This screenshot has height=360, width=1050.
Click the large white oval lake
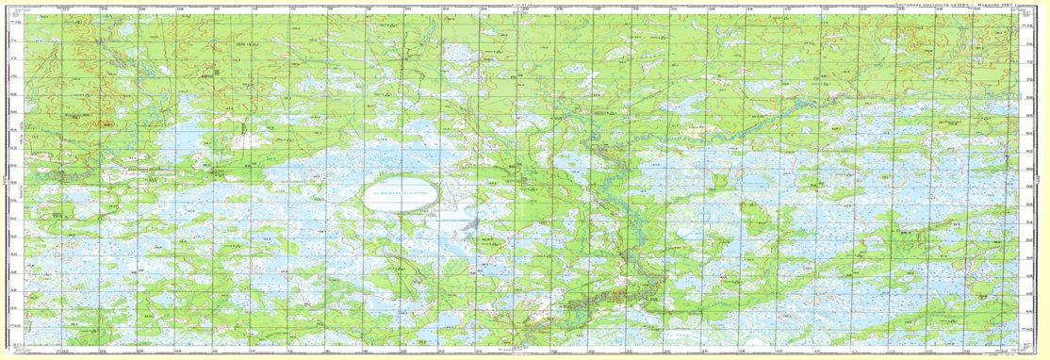point(402,197)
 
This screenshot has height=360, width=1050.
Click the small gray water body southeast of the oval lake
point(471,225)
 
